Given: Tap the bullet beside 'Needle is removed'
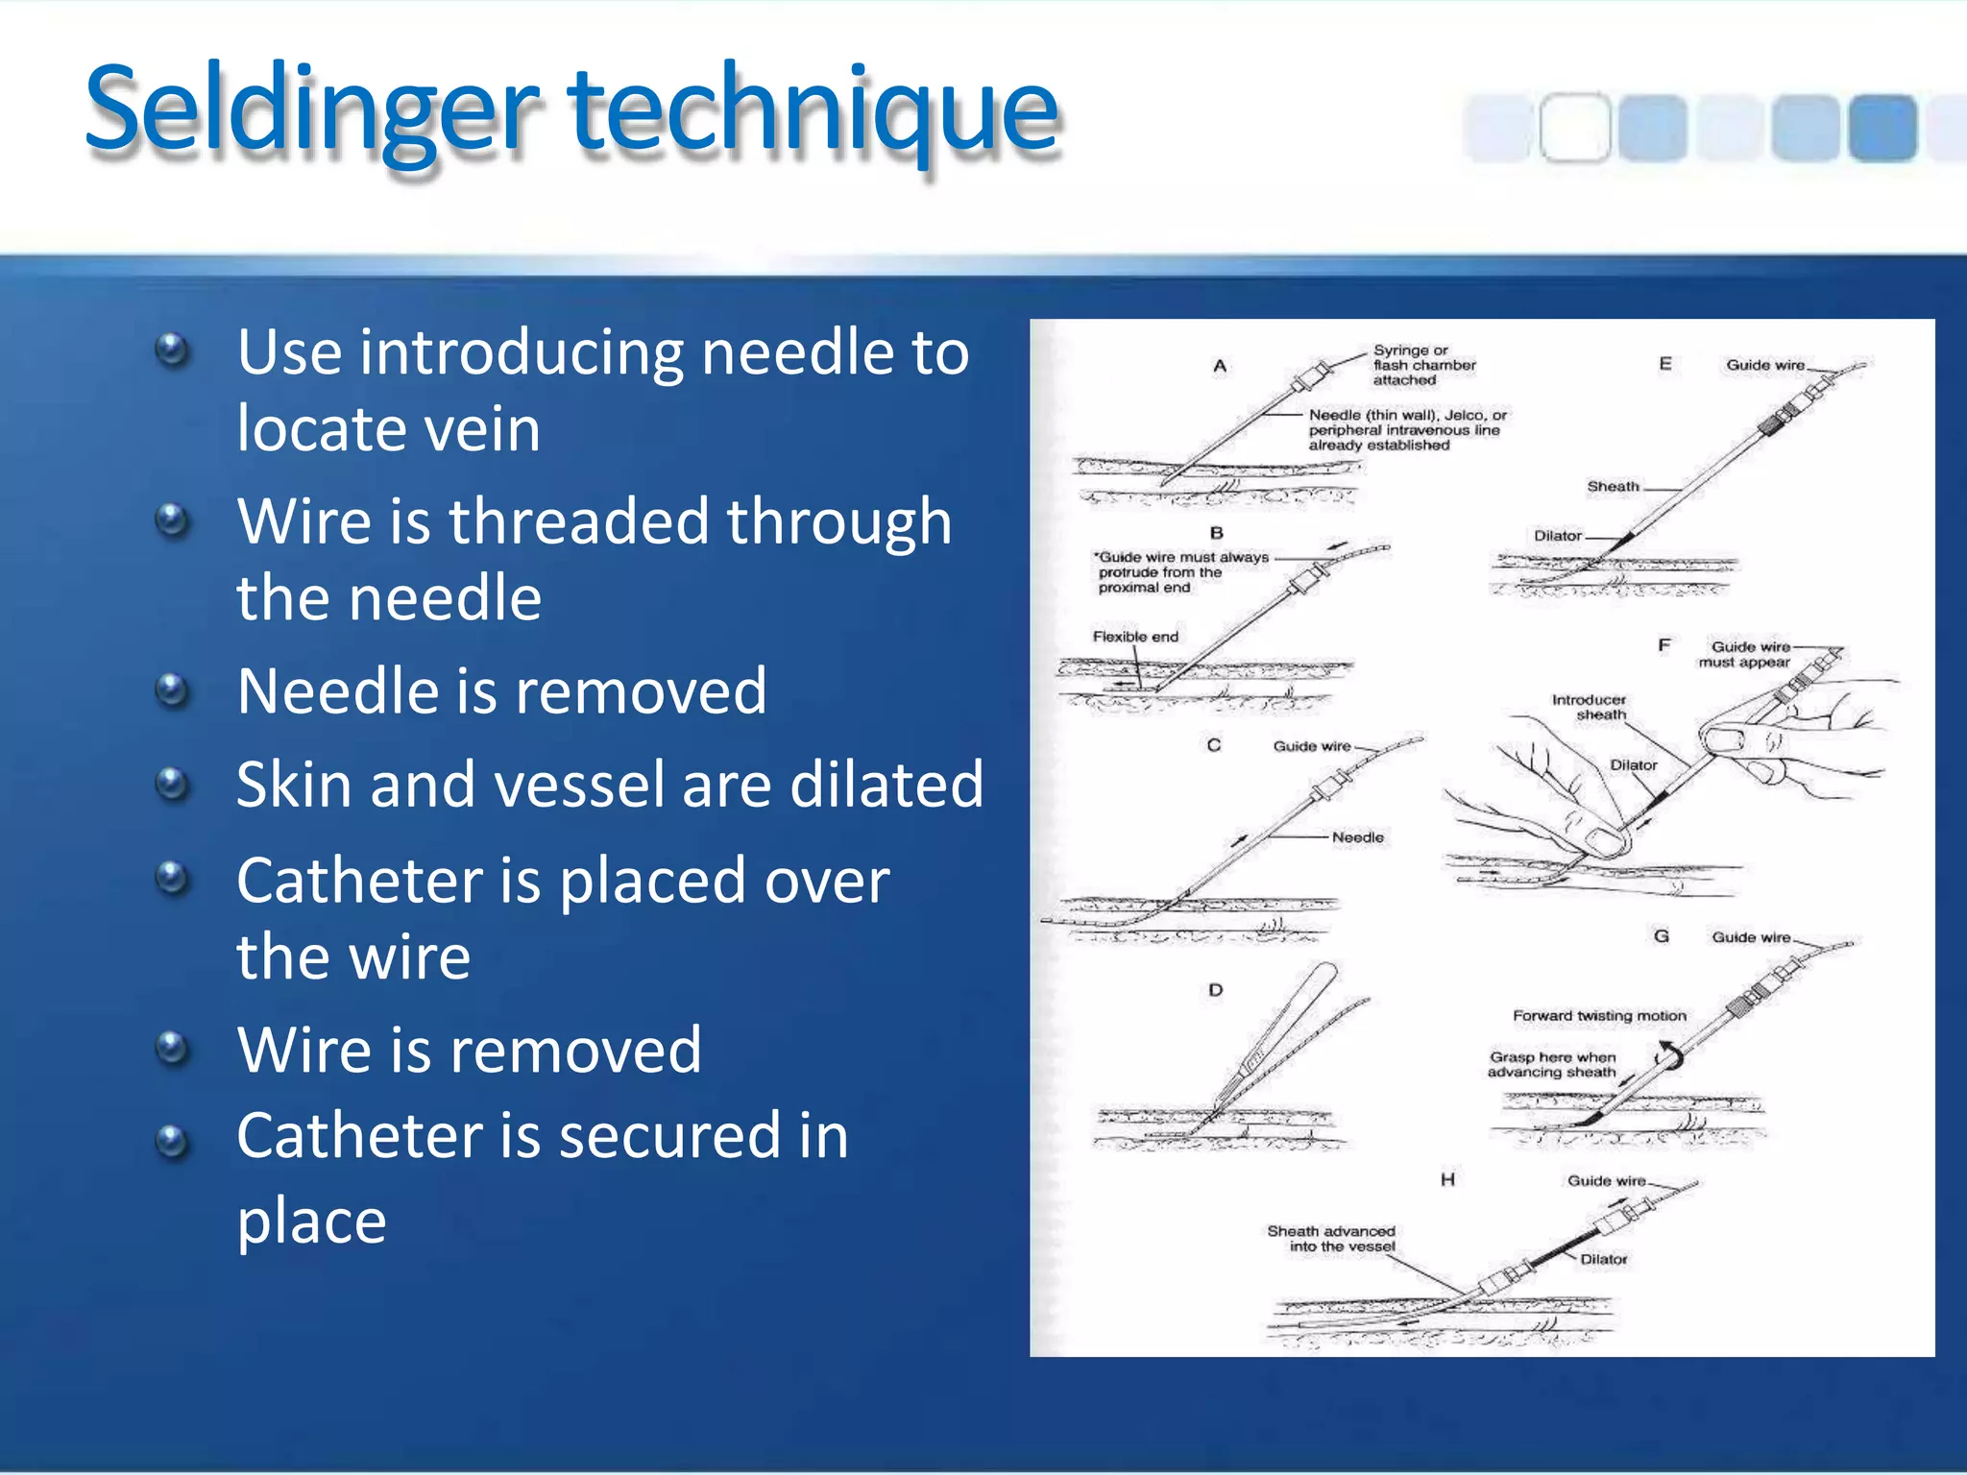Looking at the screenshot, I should [172, 689].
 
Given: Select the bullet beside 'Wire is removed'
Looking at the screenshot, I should [172, 1048].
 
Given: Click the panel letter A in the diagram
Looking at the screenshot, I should [1220, 366].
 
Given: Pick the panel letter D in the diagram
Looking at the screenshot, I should [1216, 989].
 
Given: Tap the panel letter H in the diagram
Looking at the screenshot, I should [1447, 1179].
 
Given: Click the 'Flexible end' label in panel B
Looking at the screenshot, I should [1135, 637].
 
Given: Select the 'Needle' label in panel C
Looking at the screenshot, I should [1357, 837].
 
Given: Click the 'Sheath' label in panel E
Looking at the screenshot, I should [1613, 487].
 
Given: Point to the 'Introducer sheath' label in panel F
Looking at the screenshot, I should [1590, 707].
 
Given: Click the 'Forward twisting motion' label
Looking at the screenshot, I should [1599, 1016].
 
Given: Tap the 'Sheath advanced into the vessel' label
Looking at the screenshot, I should [1331, 1239].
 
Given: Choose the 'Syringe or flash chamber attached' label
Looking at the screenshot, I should [1422, 365].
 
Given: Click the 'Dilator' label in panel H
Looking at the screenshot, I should [1603, 1259].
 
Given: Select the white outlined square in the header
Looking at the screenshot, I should [1574, 127].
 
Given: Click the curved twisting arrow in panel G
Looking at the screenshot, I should [1670, 1054].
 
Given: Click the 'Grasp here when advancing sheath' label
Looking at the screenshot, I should [1552, 1065].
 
